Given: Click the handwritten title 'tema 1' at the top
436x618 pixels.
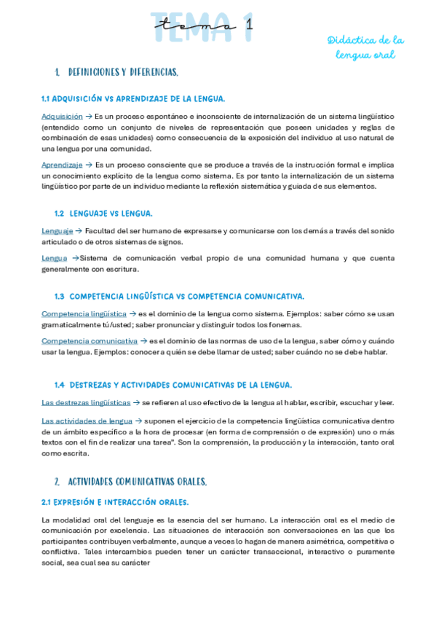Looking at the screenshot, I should click(x=204, y=26).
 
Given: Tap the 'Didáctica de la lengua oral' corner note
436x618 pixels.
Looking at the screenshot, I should click(x=365, y=47).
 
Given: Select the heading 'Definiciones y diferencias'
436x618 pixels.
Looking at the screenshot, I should click(x=123, y=73).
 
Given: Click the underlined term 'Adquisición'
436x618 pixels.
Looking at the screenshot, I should click(x=62, y=116).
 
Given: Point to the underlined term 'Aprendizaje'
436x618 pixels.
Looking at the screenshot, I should click(x=62, y=165).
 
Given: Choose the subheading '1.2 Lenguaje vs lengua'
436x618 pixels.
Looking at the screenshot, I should click(x=103, y=214).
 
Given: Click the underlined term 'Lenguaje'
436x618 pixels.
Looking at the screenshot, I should click(x=57, y=231).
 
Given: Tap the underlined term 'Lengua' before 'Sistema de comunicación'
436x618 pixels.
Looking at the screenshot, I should click(x=54, y=258).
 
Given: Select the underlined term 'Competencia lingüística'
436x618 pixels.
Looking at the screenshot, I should click(x=84, y=313).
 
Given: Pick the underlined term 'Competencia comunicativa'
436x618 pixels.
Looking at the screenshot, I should click(x=89, y=340).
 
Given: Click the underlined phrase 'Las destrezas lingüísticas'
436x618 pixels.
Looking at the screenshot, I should click(x=86, y=402).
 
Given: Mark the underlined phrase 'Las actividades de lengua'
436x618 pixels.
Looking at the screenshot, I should click(x=87, y=421).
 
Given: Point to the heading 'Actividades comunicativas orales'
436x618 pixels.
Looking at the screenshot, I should click(x=137, y=482).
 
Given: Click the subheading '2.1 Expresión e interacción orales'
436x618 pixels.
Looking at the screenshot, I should click(x=115, y=502).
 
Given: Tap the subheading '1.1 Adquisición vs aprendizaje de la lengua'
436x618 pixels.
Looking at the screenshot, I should click(x=133, y=99).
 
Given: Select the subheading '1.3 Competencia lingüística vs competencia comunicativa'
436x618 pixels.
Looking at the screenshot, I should click(x=179, y=296).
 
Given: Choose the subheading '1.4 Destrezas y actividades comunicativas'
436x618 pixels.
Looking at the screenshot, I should click(x=173, y=385).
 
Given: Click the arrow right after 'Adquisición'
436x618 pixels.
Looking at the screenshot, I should click(x=89, y=116).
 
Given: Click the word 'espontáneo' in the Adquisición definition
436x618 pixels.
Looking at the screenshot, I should click(x=167, y=116).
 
